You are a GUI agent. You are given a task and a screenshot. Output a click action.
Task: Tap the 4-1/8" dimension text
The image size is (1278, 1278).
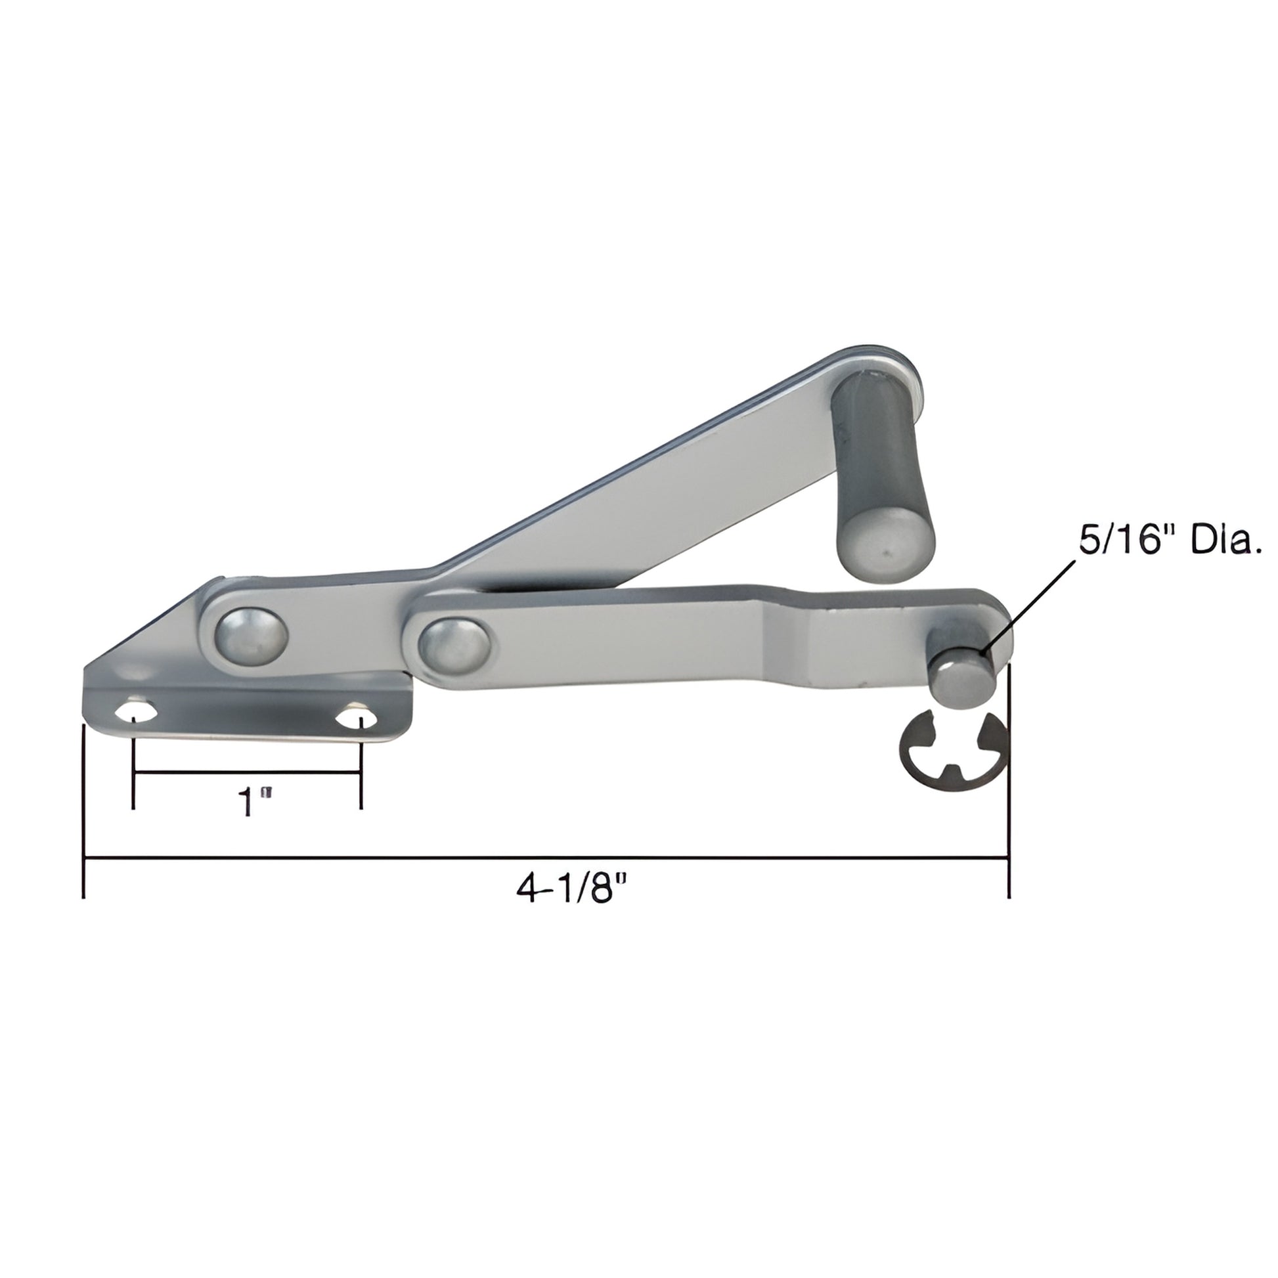570,890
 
